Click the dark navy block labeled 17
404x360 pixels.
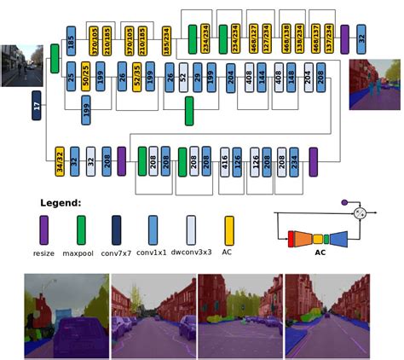click(37, 107)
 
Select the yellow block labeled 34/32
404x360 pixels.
click(60, 160)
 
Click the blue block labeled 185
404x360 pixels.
click(71, 39)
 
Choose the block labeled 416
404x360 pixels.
click(225, 160)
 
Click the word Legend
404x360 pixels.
click(61, 203)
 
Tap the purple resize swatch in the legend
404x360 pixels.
click(44, 229)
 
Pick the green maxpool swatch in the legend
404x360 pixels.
click(80, 229)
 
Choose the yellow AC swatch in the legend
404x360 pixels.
click(228, 229)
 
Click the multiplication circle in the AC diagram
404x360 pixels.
click(361, 212)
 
